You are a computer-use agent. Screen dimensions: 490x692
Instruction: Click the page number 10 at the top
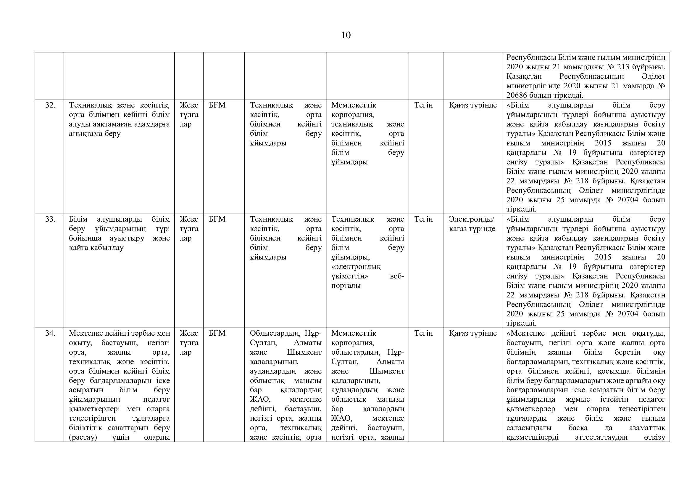click(346, 35)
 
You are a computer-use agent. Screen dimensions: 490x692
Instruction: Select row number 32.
click(50, 105)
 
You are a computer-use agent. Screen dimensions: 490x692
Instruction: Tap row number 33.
click(50, 219)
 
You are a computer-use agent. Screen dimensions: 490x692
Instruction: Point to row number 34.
click(50, 333)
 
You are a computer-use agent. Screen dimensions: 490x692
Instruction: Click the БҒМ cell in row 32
click(217, 105)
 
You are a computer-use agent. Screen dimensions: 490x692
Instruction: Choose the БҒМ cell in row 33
click(217, 219)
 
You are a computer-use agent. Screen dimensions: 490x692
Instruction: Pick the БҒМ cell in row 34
click(217, 333)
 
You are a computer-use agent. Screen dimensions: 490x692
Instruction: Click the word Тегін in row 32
click(423, 105)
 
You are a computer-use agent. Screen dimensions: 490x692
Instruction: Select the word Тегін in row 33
click(423, 219)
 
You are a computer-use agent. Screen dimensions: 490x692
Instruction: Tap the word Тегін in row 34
click(423, 333)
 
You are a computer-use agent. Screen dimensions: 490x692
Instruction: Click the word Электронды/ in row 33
click(472, 219)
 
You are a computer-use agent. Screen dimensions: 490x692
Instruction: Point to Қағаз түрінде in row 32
click(472, 105)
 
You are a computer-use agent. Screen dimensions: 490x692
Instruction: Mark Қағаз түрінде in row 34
click(472, 333)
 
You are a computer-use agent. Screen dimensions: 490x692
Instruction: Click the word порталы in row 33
click(346, 286)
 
